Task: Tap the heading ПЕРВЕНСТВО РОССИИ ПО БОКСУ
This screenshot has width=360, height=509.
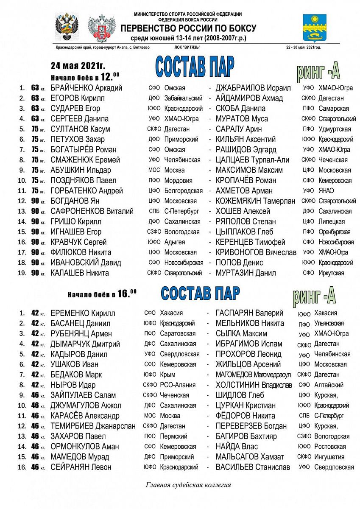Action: click(188, 28)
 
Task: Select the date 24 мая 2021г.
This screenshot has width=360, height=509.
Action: click(78, 66)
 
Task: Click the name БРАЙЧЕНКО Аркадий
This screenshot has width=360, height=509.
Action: click(86, 88)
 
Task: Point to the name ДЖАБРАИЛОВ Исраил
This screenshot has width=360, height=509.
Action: click(253, 88)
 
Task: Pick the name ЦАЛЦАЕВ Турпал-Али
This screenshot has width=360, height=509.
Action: click(252, 160)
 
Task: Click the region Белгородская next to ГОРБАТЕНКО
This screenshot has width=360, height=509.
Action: click(183, 191)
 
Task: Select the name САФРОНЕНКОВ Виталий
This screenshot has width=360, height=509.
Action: click(92, 211)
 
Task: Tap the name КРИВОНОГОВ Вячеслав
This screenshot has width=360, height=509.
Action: click(256, 252)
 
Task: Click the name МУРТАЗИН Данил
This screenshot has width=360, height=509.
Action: click(246, 273)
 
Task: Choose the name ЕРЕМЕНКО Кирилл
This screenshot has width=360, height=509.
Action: click(82, 313)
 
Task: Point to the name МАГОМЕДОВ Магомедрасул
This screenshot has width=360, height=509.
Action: click(254, 375)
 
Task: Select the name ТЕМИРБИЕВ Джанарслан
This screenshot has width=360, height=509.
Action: click(93, 426)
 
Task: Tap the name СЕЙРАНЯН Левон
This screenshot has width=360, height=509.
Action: click(81, 467)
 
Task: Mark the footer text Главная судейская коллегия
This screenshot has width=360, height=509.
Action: click(188, 485)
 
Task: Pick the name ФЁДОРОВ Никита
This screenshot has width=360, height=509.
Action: click(246, 416)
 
